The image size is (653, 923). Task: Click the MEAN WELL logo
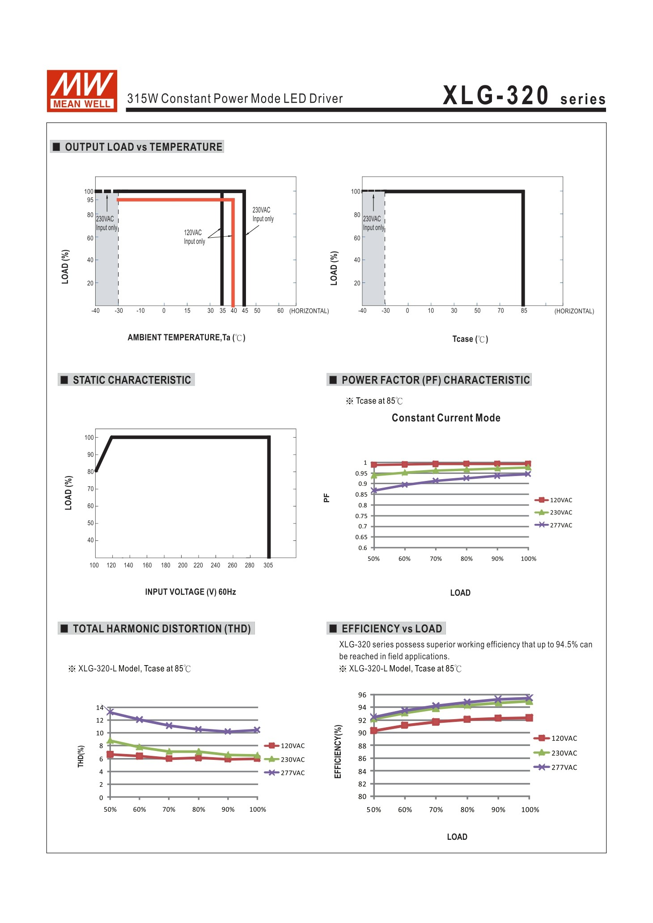point(82,91)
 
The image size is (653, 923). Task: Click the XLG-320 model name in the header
point(496,96)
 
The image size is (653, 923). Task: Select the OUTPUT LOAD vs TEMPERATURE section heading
point(144,147)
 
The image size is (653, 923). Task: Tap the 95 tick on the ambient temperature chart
point(90,200)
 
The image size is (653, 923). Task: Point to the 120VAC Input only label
point(194,237)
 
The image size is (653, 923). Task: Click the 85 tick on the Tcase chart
point(524,311)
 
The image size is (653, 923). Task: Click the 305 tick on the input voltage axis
point(268,565)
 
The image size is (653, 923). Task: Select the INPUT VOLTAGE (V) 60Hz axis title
point(191,592)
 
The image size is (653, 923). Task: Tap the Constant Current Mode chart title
point(446,418)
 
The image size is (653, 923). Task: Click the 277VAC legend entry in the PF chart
point(554,525)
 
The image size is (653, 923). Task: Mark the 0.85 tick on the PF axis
point(361,494)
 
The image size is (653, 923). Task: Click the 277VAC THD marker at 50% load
point(110,712)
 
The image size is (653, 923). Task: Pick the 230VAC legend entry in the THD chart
point(285,759)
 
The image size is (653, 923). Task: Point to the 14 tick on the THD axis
point(100,708)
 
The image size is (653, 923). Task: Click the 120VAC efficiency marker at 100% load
point(529,718)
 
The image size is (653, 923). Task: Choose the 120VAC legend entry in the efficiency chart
point(555,738)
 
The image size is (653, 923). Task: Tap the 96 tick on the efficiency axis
point(362,695)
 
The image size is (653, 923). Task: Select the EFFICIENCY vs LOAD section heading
point(392,629)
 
